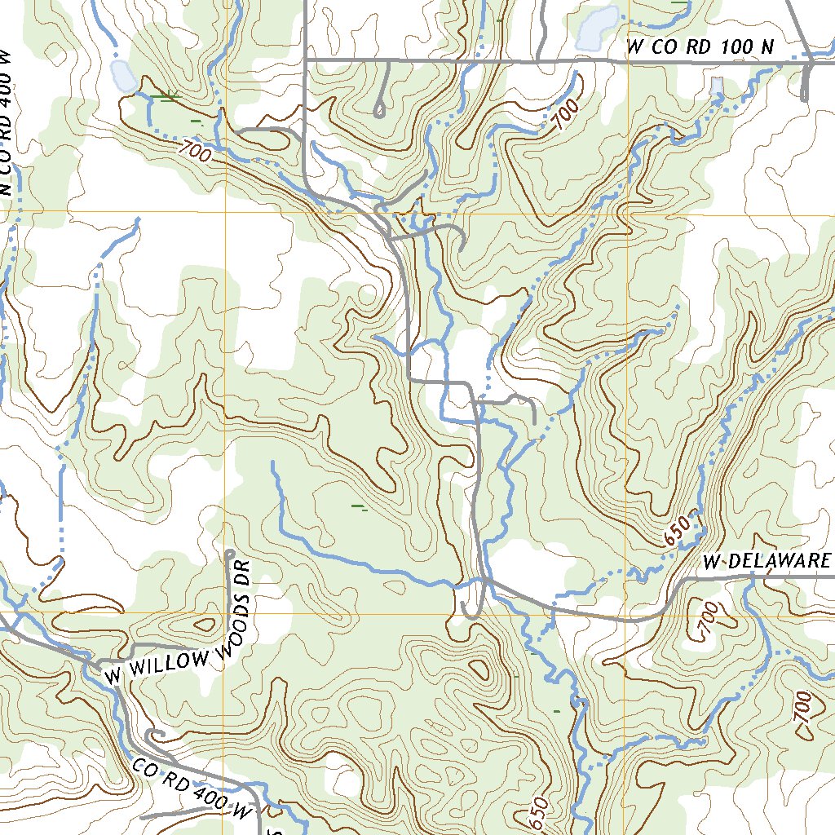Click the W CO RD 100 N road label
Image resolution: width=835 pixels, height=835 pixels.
pyautogui.click(x=700, y=48)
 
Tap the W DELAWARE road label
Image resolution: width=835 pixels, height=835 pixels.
pyautogui.click(x=767, y=561)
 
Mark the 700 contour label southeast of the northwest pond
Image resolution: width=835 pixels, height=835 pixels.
pyautogui.click(x=194, y=152)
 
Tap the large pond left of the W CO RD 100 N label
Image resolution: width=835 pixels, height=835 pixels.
pyautogui.click(x=598, y=28)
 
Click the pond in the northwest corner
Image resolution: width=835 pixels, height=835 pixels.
pyautogui.click(x=123, y=75)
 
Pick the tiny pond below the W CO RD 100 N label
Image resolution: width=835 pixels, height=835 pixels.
pyautogui.click(x=717, y=85)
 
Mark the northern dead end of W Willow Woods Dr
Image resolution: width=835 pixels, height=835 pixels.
pyautogui.click(x=230, y=554)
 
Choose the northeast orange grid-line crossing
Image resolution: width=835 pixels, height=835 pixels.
pyautogui.click(x=629, y=215)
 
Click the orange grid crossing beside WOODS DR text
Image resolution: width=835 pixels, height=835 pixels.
pyautogui.click(x=224, y=612)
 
